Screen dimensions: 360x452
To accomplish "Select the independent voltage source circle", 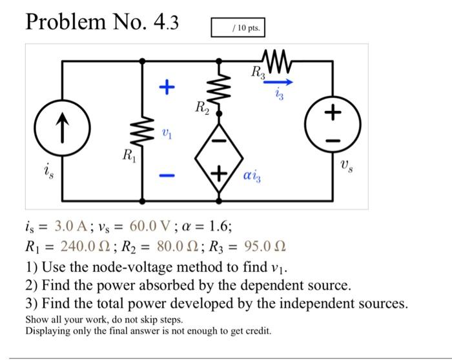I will point(333,122).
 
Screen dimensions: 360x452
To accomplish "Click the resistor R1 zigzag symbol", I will point(143,133).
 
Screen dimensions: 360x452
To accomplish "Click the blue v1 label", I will point(167,132).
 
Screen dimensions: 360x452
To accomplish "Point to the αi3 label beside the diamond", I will point(254,174).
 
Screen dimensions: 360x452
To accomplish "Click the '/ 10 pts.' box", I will point(238,29).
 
